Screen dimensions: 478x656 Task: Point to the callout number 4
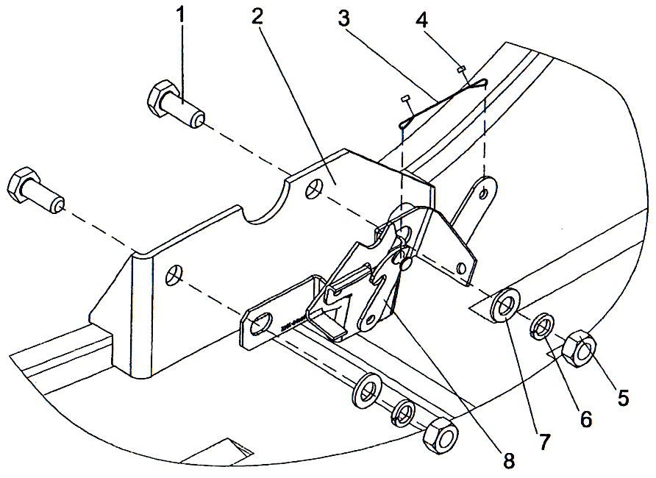coord(421,21)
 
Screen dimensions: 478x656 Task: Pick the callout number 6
coord(585,419)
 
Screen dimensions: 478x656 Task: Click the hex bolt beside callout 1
coord(174,104)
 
